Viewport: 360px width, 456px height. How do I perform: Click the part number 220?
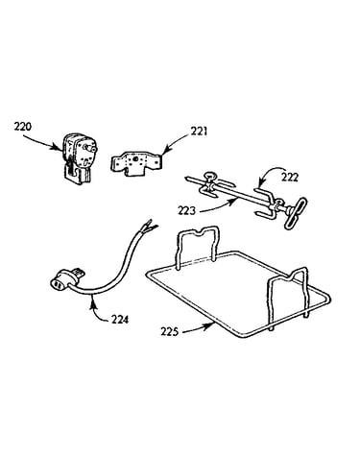point(23,127)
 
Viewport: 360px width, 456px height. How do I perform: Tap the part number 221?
point(199,132)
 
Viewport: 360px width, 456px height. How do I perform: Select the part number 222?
point(290,177)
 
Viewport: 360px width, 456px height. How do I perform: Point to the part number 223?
point(187,211)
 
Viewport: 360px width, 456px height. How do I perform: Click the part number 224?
point(120,319)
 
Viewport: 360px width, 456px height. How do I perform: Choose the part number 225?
point(169,331)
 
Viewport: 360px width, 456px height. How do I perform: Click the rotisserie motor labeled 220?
point(78,158)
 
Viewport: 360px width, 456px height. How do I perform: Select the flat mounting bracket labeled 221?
point(135,163)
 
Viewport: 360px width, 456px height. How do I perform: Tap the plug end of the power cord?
point(68,279)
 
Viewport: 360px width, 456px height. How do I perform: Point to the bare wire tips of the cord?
point(150,226)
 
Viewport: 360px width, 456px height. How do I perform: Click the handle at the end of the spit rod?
point(295,212)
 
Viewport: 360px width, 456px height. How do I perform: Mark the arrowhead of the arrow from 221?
point(164,151)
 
